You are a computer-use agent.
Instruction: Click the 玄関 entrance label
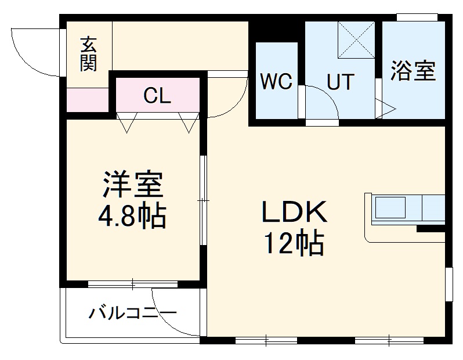pos(88,53)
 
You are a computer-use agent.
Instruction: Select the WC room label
pos(277,82)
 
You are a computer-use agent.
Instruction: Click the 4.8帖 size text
pos(133,216)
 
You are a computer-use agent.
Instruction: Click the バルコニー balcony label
pos(132,314)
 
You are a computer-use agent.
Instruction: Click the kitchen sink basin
pos(390,207)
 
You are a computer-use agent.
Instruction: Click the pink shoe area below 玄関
pos(88,100)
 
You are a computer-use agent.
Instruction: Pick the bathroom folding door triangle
pos(386,107)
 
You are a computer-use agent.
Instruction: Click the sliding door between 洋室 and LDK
pos(203,200)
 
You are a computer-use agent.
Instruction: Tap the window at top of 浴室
pos(417,17)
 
